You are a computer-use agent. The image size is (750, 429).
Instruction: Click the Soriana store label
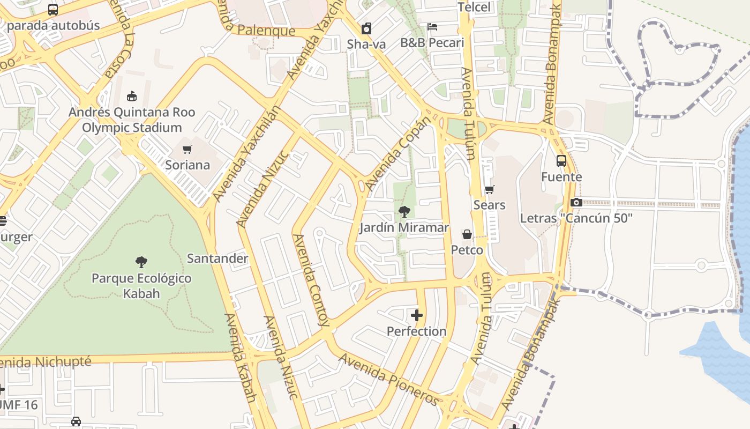(x=187, y=165)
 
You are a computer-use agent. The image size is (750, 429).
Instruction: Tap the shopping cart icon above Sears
(x=489, y=189)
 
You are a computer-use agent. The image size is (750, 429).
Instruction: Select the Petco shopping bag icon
(x=467, y=234)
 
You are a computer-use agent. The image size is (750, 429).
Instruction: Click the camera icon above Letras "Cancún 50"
(x=576, y=202)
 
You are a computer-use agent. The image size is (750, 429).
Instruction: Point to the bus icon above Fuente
(x=561, y=160)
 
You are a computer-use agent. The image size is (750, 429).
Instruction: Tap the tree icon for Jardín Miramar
(x=404, y=211)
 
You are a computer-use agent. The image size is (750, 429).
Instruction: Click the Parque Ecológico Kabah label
(x=141, y=286)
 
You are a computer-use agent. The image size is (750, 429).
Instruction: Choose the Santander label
(x=217, y=258)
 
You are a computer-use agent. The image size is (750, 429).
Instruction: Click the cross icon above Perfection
(x=417, y=315)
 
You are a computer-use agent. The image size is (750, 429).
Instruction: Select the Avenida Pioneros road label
(x=389, y=380)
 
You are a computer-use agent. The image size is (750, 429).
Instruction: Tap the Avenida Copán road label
(x=399, y=153)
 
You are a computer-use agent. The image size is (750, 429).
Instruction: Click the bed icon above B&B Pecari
(x=432, y=26)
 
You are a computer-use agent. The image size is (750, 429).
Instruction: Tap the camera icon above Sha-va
(x=366, y=28)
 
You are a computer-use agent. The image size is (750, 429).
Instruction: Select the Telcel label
(x=474, y=7)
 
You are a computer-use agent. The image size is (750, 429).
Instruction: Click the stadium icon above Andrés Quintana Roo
(x=131, y=97)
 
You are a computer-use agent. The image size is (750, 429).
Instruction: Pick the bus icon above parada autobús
(x=52, y=9)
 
